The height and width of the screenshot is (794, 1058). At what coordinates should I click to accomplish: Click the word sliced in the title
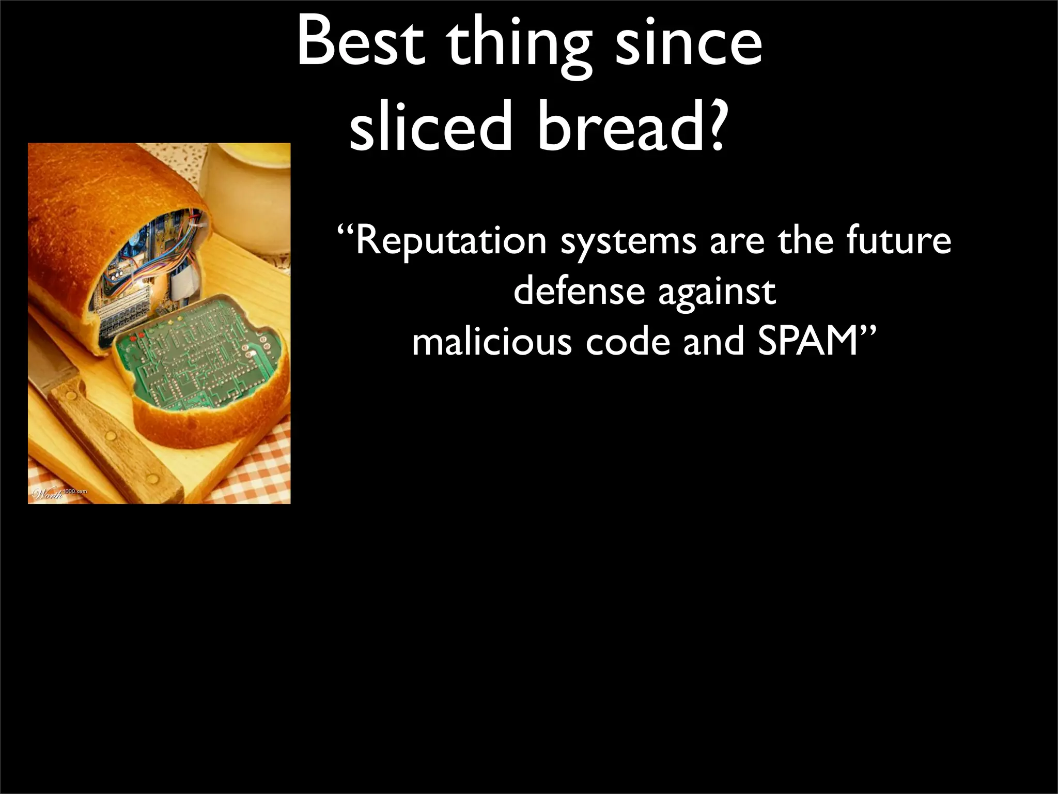coord(431,127)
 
